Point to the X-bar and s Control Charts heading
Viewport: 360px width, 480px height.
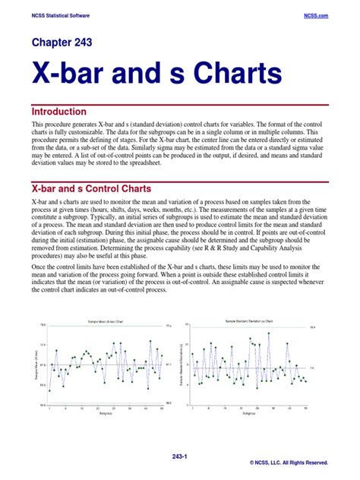91,188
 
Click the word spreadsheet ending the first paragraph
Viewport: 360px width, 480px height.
170,161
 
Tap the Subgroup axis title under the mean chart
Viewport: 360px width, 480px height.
106,414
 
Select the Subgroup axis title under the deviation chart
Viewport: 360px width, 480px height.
249,414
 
